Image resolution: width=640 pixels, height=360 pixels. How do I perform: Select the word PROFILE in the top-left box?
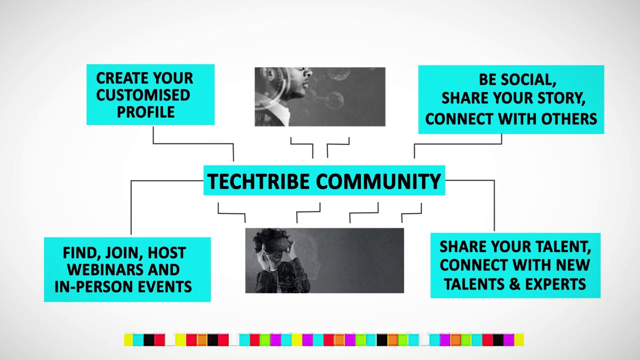[145, 112]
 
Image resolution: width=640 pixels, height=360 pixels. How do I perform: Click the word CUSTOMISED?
[143, 95]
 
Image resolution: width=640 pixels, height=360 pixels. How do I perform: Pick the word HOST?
[167, 253]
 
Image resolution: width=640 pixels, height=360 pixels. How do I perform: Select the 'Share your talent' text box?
[515, 265]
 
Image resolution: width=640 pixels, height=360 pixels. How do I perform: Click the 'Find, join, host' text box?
[127, 269]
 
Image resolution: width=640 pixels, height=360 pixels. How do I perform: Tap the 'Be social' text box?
[510, 99]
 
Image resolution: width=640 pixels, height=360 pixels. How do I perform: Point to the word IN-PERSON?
[89, 286]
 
